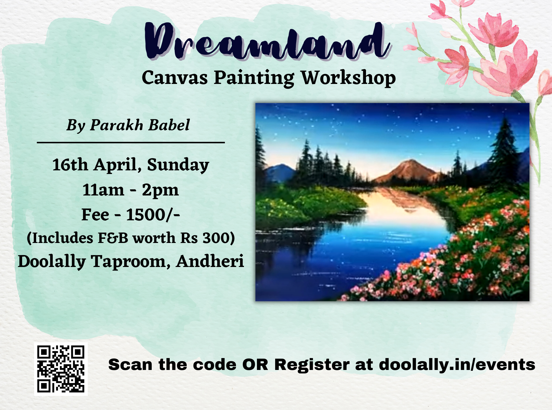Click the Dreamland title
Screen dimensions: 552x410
[x=267, y=41]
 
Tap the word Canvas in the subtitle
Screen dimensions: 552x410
[x=174, y=78]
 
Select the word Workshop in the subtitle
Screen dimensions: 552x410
[x=348, y=78]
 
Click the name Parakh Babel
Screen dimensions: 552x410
[x=140, y=125]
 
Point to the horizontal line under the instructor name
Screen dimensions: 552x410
[x=131, y=142]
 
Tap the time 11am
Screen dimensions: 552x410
[x=103, y=190]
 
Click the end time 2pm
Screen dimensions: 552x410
[x=160, y=191]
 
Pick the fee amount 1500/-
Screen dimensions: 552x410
[x=153, y=215]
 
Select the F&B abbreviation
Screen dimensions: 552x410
[x=113, y=238]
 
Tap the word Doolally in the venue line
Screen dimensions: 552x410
[x=52, y=261]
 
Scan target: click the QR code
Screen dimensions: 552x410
[x=61, y=369]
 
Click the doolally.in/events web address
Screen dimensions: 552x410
[x=457, y=364]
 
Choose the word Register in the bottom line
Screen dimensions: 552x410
[x=312, y=365]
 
